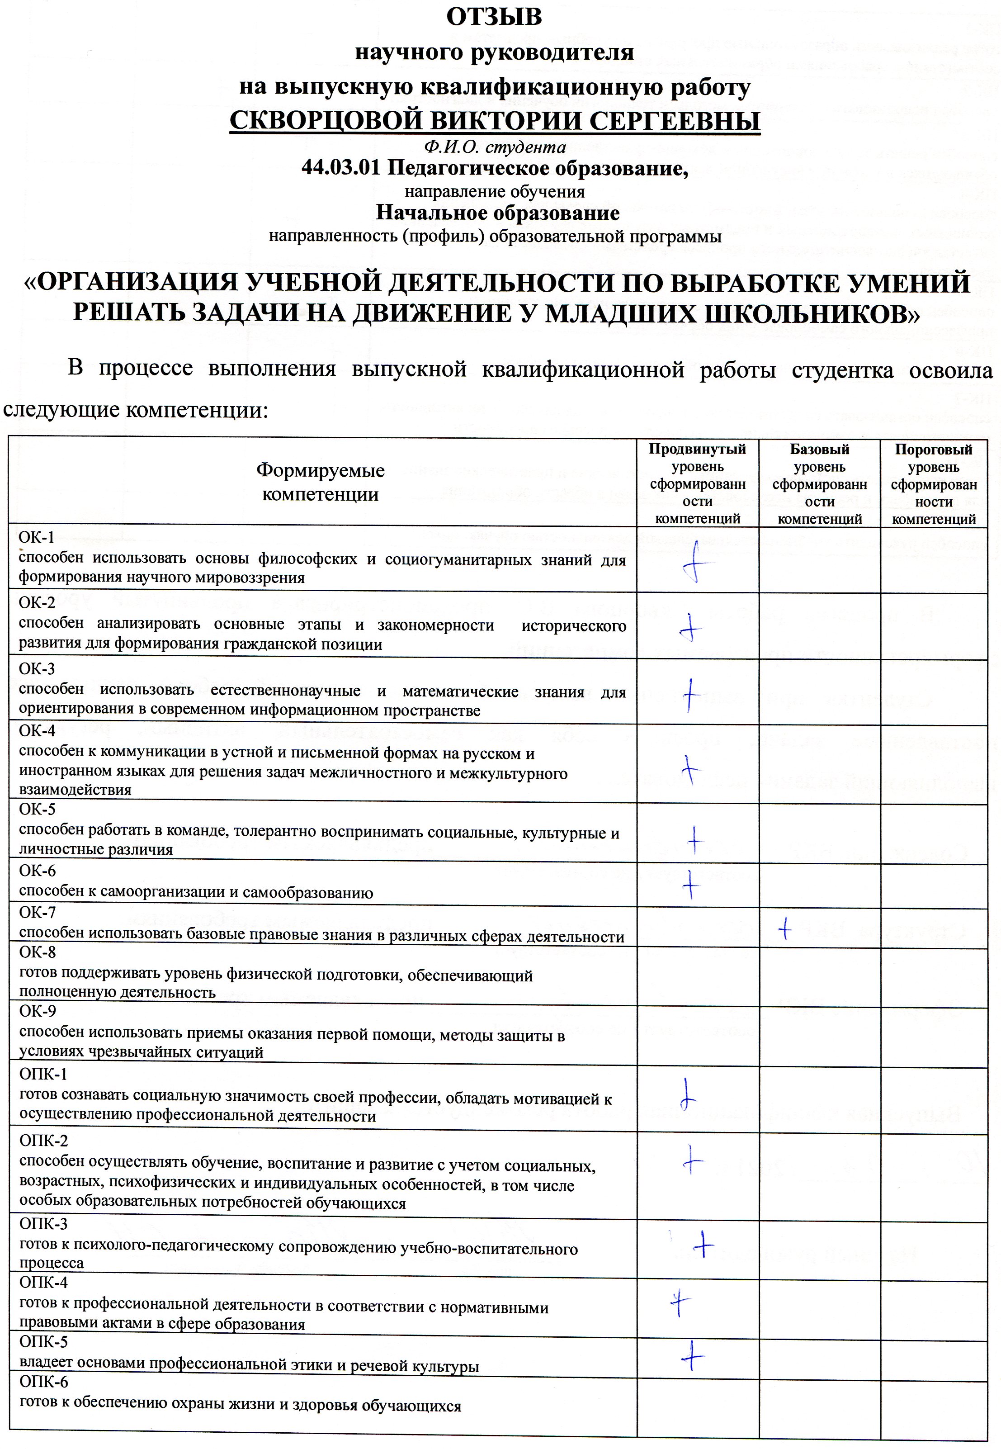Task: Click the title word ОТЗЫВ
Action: click(x=494, y=17)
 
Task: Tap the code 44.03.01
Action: click(x=340, y=168)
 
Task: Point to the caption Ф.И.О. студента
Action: click(x=494, y=147)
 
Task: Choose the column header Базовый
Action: click(x=819, y=449)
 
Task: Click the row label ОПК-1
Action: click(x=42, y=1074)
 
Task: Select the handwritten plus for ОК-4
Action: click(x=690, y=769)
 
